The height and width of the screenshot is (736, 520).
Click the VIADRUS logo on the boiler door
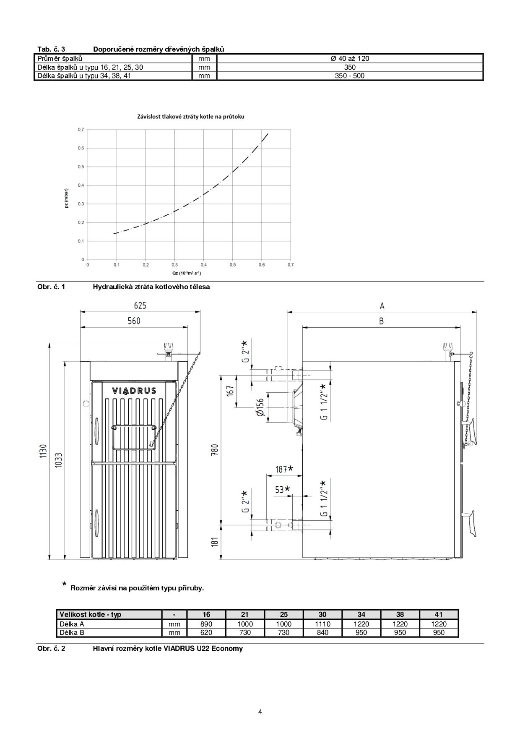[134, 391]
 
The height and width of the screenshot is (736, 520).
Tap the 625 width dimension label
[140, 305]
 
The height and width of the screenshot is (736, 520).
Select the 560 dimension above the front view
[134, 321]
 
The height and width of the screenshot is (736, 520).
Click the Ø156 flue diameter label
[260, 407]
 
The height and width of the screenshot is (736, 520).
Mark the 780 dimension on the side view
[215, 451]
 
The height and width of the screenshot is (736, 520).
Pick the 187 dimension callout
[284, 469]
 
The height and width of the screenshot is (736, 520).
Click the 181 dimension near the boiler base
[215, 542]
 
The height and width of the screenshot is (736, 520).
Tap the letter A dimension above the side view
[382, 305]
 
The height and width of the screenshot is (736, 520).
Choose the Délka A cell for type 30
[322, 624]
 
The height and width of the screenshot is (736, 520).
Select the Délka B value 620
[206, 632]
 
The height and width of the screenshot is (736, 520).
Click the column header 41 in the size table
[439, 614]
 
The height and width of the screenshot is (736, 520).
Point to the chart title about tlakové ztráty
[191, 117]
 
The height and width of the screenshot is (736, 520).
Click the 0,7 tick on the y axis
[81, 130]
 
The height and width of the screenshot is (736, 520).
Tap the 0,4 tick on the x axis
[203, 265]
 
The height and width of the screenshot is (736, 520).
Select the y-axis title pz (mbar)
[67, 199]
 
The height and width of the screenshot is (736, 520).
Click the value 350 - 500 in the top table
[350, 76]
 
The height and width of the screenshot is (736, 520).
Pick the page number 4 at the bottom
[260, 712]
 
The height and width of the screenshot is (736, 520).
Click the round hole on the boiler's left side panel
[86, 404]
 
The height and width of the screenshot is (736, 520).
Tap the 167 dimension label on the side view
[230, 391]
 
